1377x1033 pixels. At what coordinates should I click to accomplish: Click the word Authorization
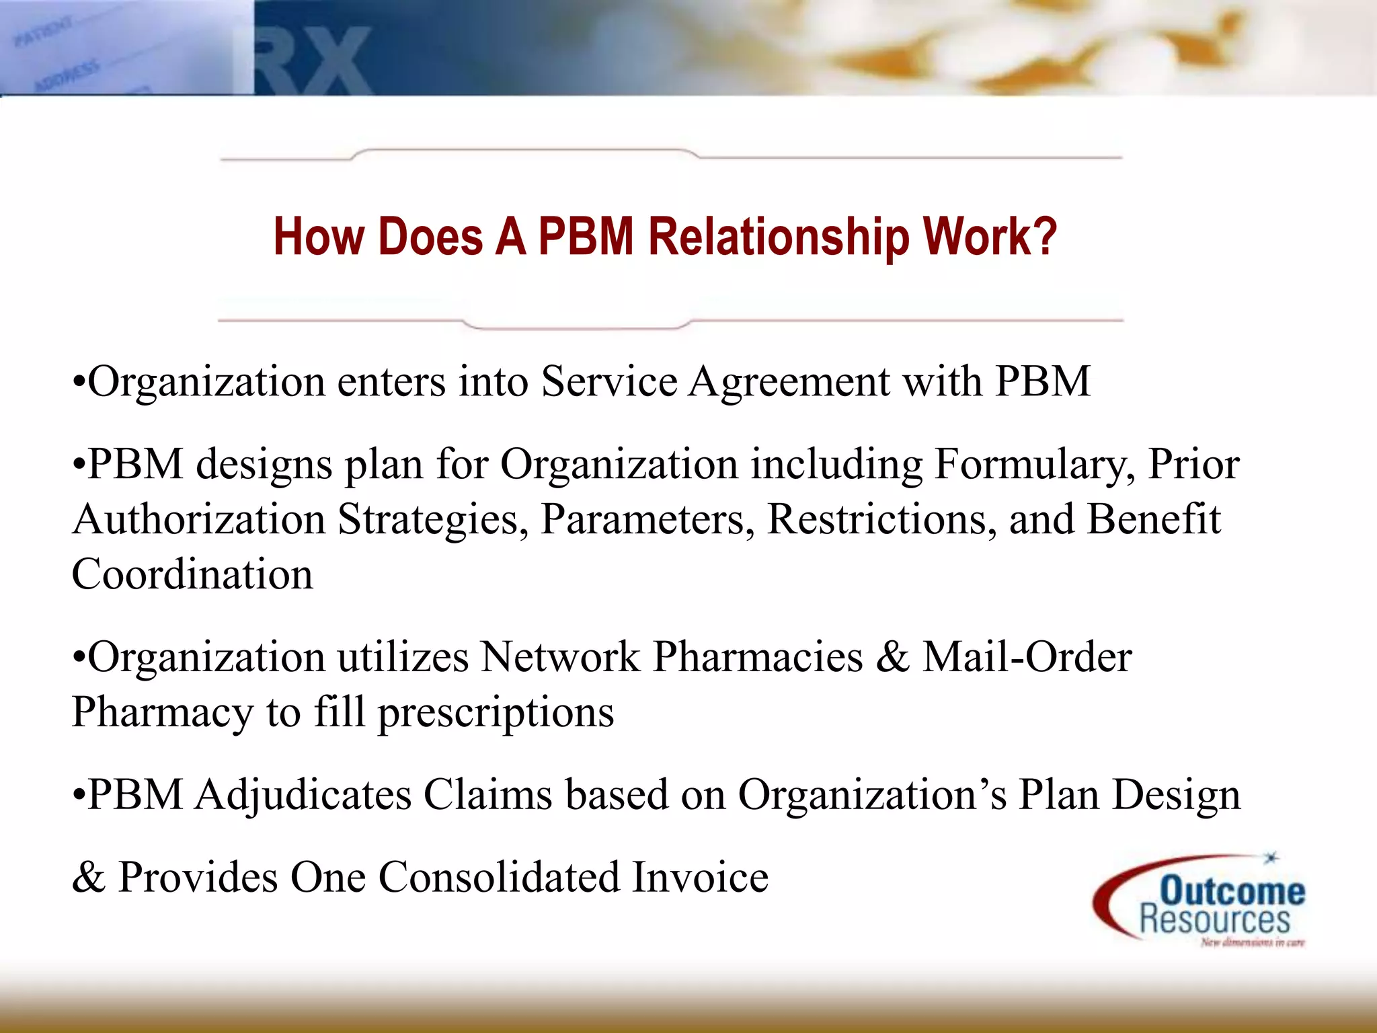point(199,520)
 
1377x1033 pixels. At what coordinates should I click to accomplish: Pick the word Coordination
point(192,575)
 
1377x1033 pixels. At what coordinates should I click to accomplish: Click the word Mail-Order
point(1027,657)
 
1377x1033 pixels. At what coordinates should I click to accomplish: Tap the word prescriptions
point(496,713)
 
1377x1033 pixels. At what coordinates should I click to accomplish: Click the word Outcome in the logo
point(1232,890)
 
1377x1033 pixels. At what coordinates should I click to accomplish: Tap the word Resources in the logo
point(1214,919)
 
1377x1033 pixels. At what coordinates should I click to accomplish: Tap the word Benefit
point(1153,520)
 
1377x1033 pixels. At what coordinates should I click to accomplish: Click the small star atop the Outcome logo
point(1270,858)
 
